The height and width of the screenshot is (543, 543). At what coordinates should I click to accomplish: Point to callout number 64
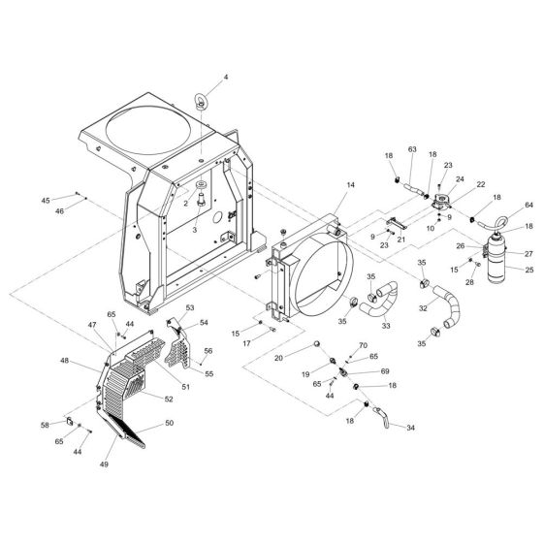pyautogui.click(x=529, y=206)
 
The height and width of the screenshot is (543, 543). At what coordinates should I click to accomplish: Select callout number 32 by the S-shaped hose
pyautogui.click(x=423, y=307)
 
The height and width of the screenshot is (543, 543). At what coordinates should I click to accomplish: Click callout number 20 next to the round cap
pyautogui.click(x=304, y=357)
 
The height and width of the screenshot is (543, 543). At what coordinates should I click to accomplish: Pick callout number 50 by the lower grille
pyautogui.click(x=171, y=424)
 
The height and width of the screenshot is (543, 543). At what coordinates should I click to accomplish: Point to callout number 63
pyautogui.click(x=411, y=150)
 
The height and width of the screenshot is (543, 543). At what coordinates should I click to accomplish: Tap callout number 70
pyautogui.click(x=363, y=346)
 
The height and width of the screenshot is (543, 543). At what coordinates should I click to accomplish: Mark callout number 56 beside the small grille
pyautogui.click(x=208, y=352)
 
